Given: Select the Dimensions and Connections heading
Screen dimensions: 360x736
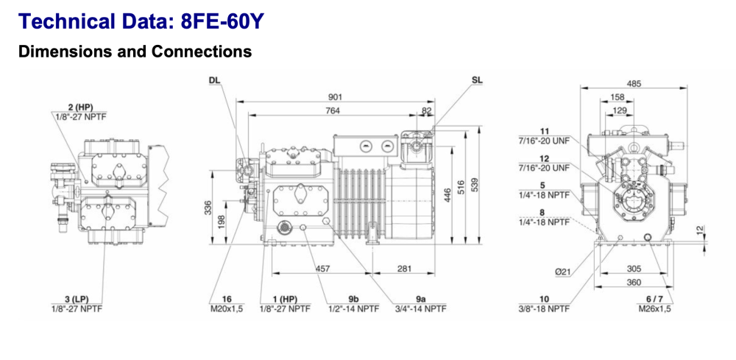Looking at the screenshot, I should point(135,52).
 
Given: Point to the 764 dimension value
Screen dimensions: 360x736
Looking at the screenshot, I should point(333,110).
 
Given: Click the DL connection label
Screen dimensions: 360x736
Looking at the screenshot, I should point(214,80).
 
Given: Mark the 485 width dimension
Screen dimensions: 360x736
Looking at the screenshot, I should point(633,83).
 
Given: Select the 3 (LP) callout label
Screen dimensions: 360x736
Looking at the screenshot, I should point(77,298).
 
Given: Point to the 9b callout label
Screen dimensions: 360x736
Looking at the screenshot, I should point(353,299).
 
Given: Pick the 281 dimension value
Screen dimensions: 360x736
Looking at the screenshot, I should point(404,269).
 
